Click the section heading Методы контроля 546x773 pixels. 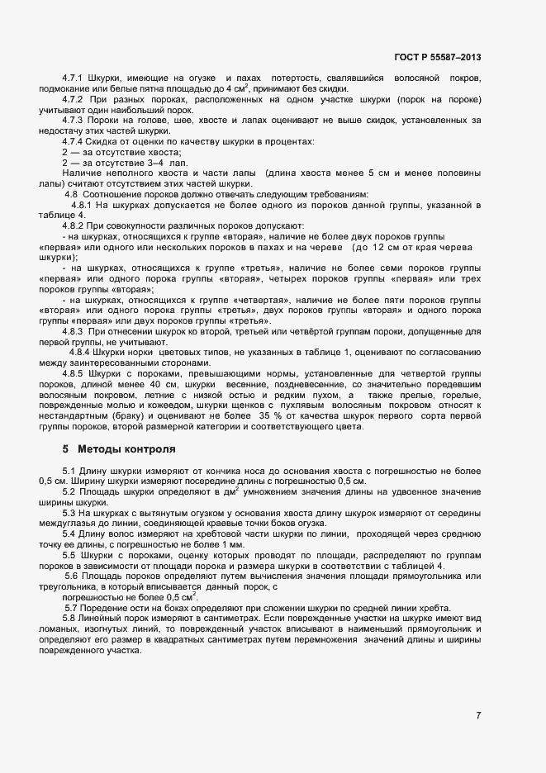pyautogui.click(x=126, y=450)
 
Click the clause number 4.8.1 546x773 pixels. pyautogui.click(x=83, y=204)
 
